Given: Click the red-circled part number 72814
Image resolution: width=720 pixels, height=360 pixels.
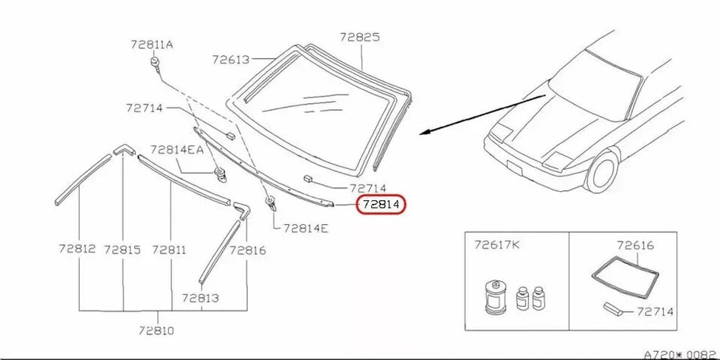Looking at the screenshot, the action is point(381,205).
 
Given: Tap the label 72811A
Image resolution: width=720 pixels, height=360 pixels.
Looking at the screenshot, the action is point(152,45).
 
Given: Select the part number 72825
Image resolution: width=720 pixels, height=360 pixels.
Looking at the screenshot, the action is point(360,37).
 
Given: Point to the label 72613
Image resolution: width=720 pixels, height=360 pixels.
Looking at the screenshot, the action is point(231,60).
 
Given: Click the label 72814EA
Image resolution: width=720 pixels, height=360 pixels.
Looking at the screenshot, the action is point(177,150).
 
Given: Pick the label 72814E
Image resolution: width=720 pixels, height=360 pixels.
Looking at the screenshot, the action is point(306,228).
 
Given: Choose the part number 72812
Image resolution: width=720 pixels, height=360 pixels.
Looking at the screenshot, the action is point(77,249).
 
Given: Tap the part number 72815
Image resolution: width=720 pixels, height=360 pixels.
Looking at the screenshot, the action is point(122,250).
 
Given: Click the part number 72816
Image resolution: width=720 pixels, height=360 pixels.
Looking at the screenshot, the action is point(248,250).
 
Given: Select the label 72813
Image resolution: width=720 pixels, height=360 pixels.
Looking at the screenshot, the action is point(200,298).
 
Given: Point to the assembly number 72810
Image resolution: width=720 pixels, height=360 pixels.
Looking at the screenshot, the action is point(156,330).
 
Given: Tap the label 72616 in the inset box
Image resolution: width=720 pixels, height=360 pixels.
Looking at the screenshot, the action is point(636,246).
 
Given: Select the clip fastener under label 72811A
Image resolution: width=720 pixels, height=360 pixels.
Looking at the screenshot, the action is point(155,64).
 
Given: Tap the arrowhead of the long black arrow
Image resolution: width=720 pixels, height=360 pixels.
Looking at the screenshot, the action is point(424,133).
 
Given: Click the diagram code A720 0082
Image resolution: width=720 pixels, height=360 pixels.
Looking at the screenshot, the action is point(681,355).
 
